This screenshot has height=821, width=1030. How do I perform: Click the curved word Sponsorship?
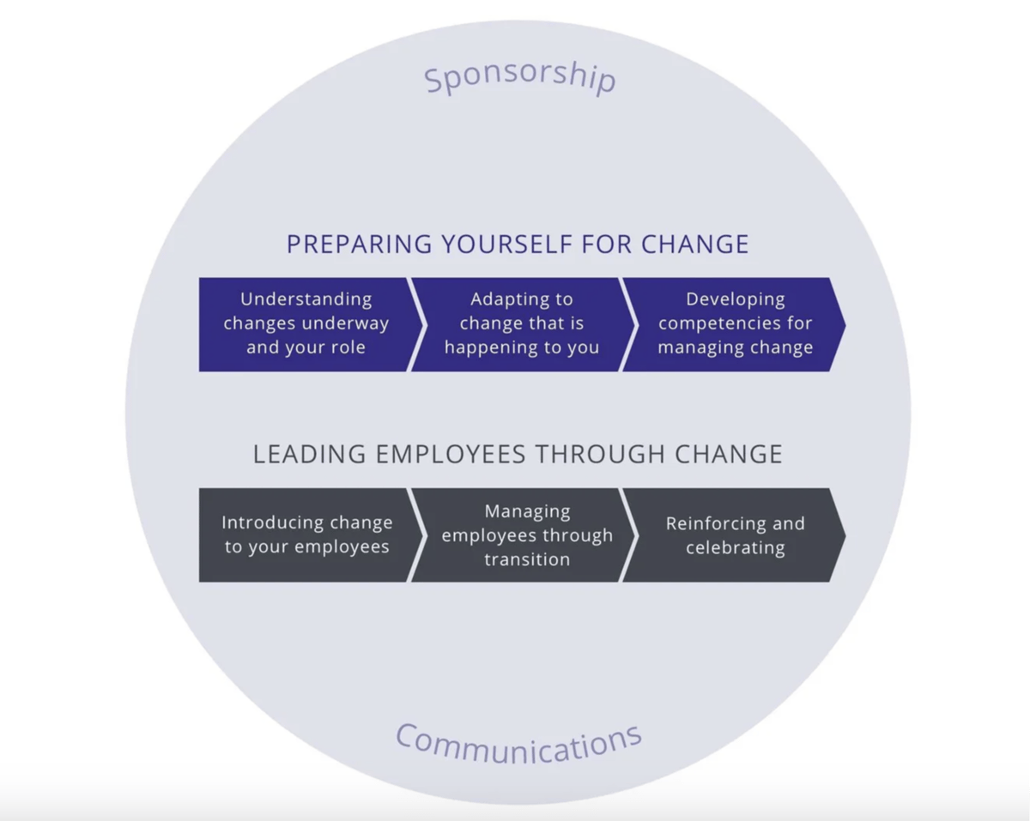520,75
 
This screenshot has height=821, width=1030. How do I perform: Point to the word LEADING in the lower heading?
304,454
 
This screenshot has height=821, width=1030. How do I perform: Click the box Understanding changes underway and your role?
306,324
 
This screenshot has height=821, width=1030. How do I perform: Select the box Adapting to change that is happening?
522,324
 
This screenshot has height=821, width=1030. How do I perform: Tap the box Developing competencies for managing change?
735,324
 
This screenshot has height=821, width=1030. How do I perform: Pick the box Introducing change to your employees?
306,535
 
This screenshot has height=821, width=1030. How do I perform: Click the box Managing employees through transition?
526,535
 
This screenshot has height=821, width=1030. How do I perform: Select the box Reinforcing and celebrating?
735,535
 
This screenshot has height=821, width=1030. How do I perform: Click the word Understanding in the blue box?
306,300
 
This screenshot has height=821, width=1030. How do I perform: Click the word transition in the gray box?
527,559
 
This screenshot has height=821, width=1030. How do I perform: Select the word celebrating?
735,548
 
